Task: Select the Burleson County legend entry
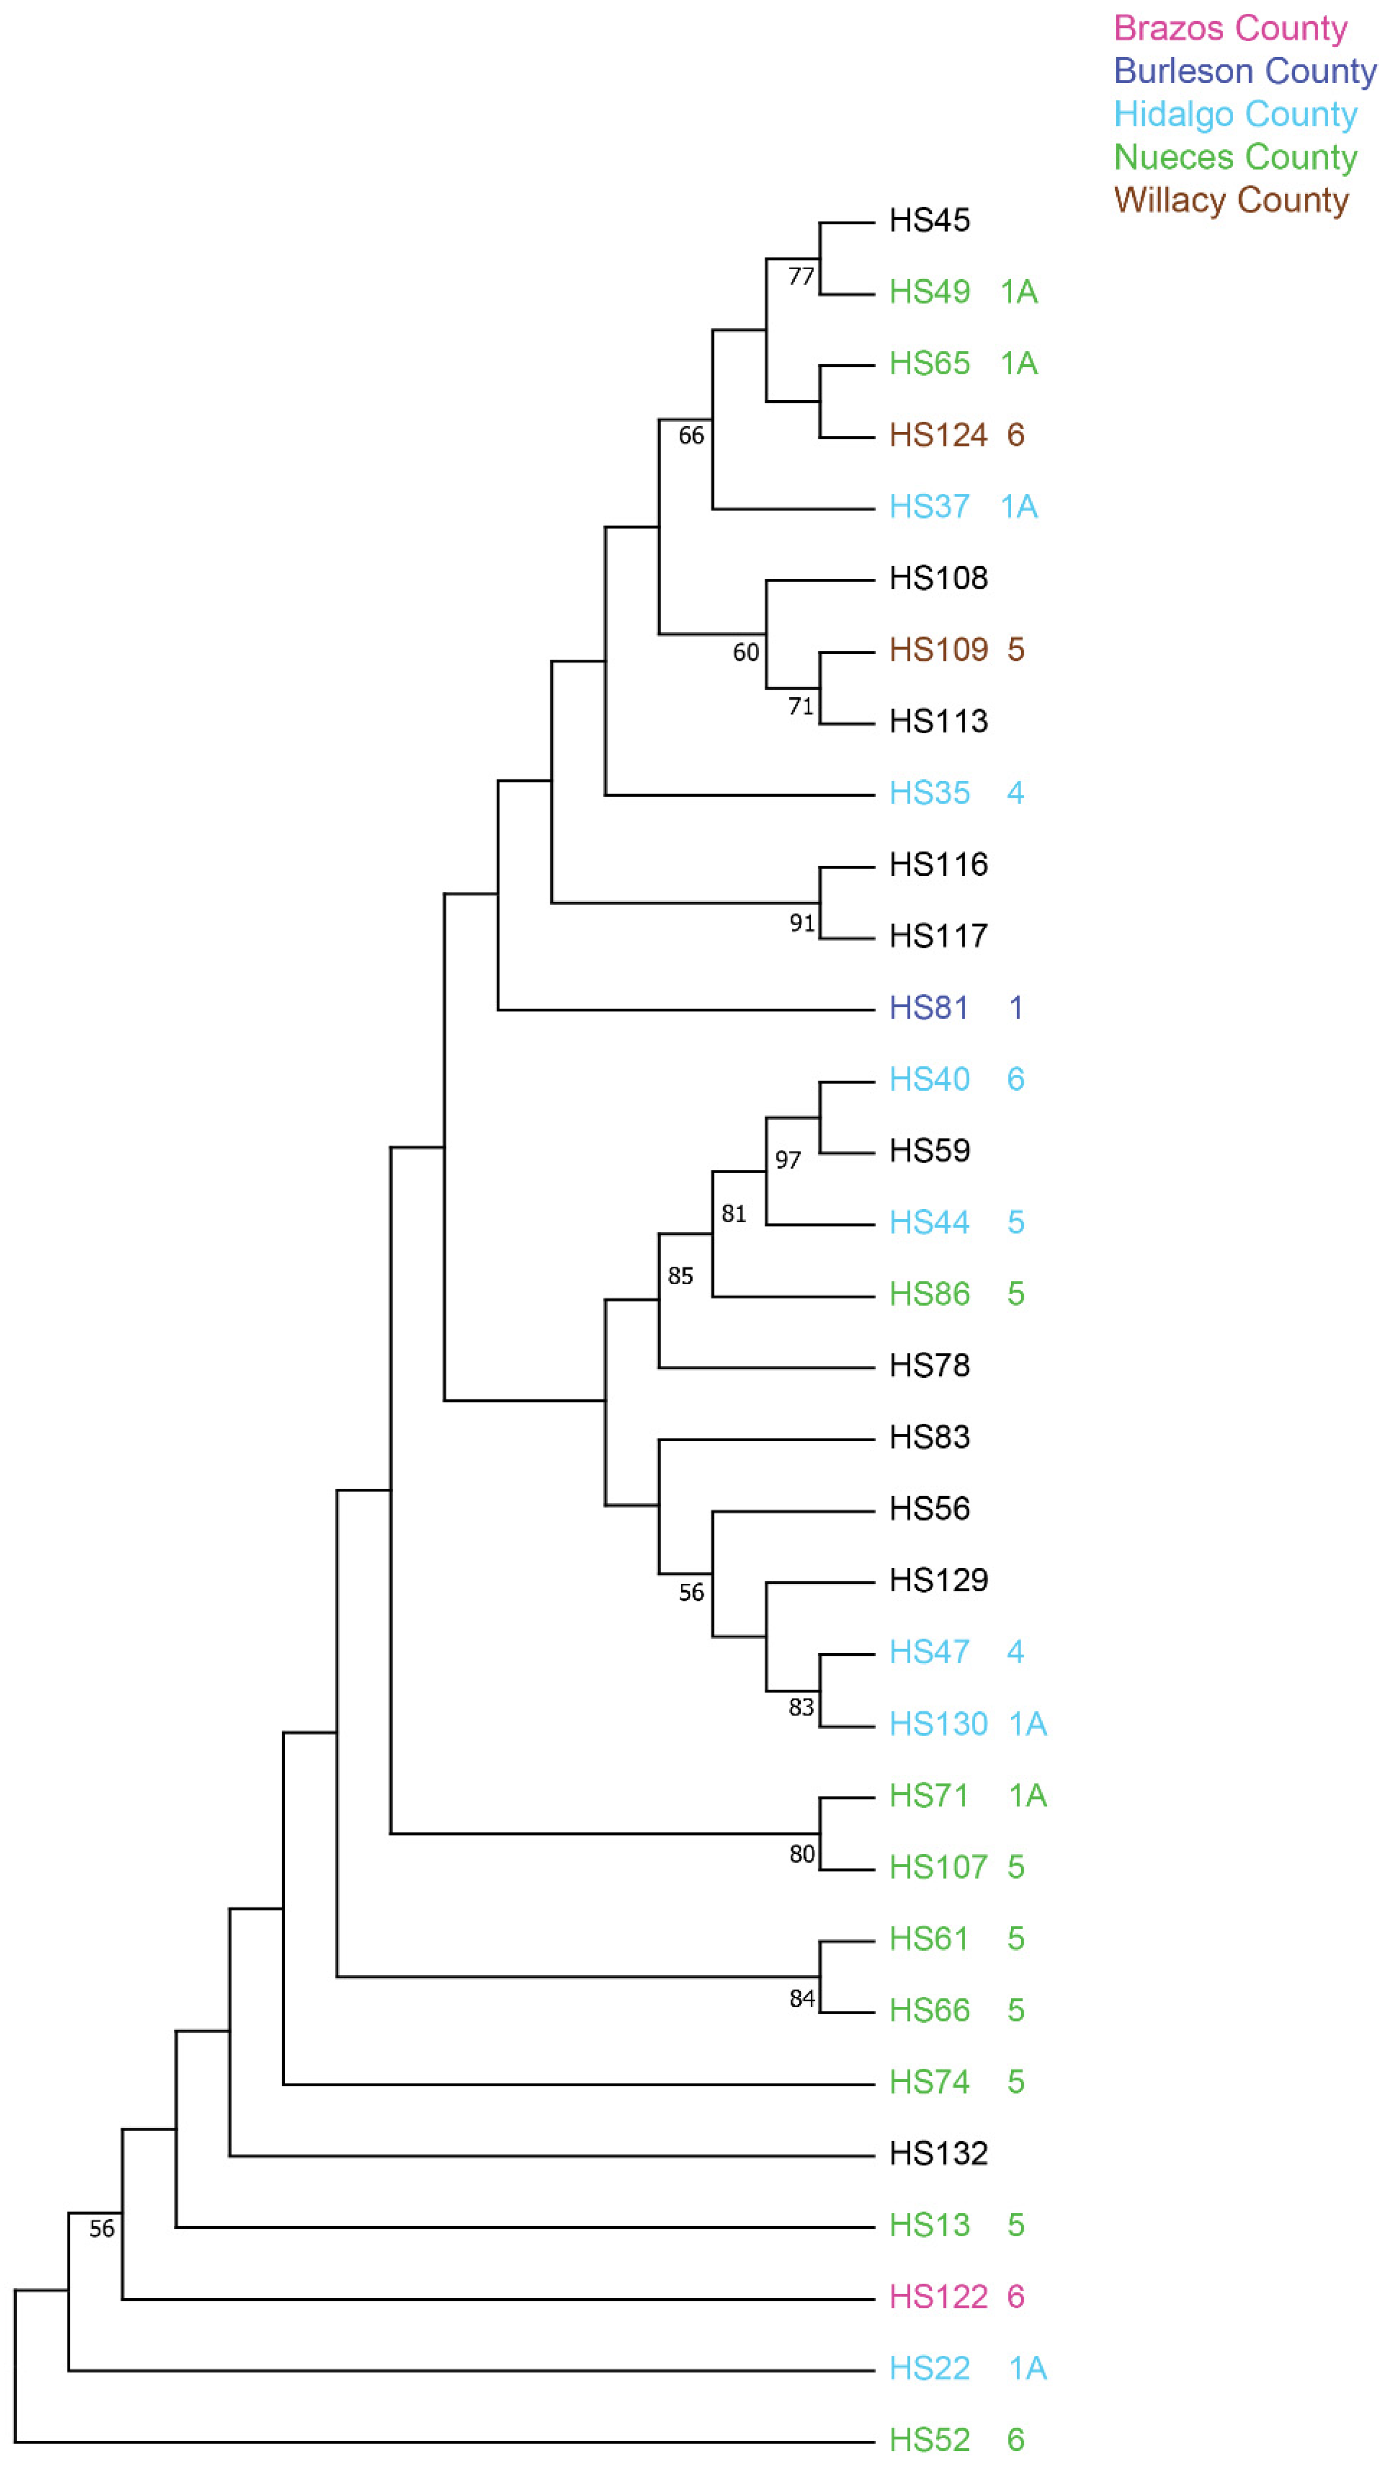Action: coord(1245,71)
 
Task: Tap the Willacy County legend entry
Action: coord(1230,200)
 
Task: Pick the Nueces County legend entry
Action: coord(1235,157)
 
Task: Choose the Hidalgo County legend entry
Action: coord(1235,115)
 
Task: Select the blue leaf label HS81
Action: coord(928,1008)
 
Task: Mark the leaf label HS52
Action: coord(929,2440)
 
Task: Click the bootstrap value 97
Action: coord(788,1160)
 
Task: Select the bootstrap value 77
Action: coord(801,276)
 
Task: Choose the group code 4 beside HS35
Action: coord(1015,794)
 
